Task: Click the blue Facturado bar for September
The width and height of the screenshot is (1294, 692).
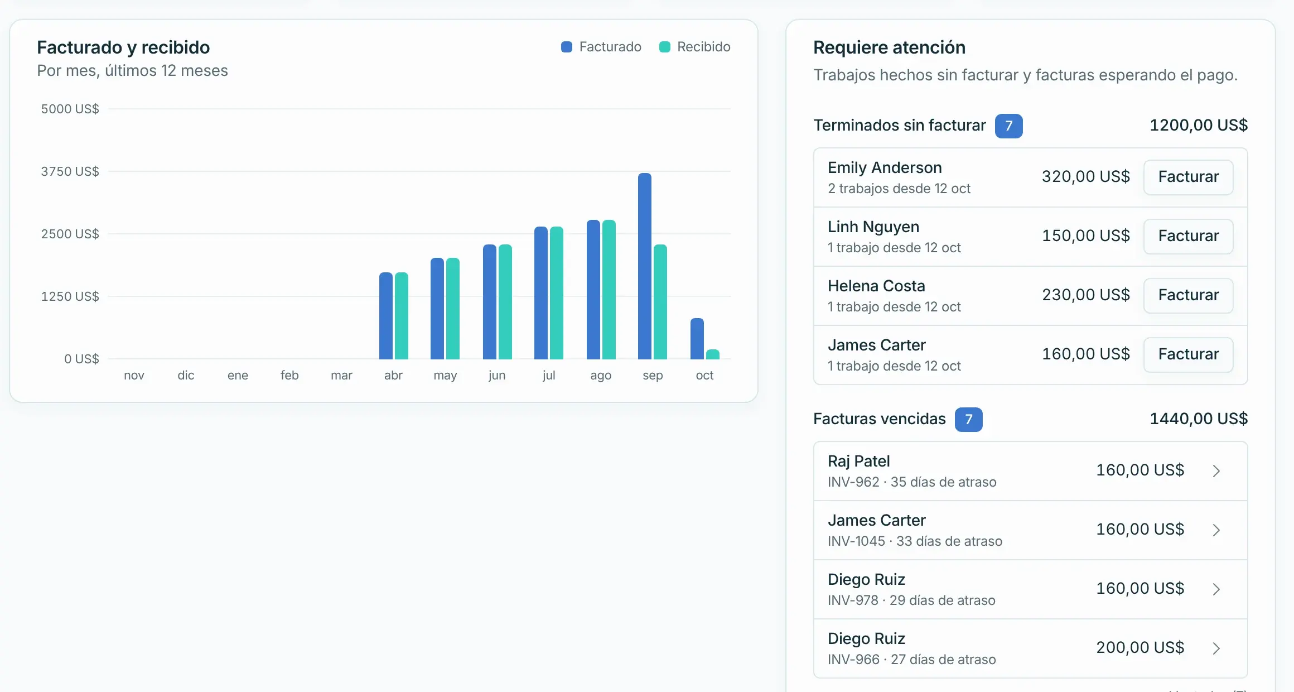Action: [645, 266]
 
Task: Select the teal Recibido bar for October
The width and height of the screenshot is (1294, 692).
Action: [713, 354]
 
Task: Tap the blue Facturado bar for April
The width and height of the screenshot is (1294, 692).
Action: [386, 316]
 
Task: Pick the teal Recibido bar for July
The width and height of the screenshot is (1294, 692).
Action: [557, 293]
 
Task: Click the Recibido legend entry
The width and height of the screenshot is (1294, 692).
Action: [695, 47]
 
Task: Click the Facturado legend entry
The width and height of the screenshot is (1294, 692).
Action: [601, 47]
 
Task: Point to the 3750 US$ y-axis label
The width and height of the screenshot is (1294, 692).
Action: [70, 171]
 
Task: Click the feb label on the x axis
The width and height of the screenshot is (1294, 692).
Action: [289, 375]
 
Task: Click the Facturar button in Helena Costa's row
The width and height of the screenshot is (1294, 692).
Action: [1189, 295]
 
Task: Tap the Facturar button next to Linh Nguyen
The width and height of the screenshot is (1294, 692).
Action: [1189, 236]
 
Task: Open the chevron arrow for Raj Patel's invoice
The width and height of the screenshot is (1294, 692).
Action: [1216, 471]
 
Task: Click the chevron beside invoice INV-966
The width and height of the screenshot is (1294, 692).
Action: [1216, 648]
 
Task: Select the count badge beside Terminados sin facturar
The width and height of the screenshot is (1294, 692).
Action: [1009, 126]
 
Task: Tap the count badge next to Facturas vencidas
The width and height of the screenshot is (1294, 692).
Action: [969, 420]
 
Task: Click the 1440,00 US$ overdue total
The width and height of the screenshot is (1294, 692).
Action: [1199, 419]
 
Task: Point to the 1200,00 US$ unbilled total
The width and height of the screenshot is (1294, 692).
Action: [1199, 125]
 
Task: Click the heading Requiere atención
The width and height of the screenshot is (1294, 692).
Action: [889, 47]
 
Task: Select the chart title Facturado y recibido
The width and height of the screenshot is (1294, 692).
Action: [123, 47]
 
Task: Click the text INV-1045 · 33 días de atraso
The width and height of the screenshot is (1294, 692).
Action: [915, 541]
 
